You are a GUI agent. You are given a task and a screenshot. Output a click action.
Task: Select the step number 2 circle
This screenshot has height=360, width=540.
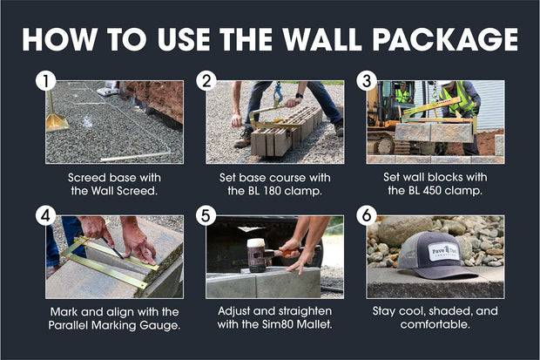point(206,82)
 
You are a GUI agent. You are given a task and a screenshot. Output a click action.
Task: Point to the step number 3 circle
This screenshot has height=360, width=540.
point(367,82)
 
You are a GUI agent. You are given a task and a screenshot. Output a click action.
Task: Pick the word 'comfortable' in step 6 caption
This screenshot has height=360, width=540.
point(435,326)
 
